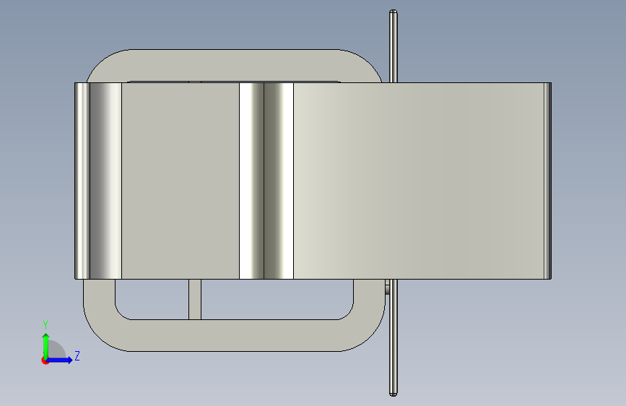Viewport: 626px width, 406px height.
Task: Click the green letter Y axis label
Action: click(45, 325)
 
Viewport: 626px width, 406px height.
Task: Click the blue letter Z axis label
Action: click(77, 355)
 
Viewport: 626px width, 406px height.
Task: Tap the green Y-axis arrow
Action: click(46, 346)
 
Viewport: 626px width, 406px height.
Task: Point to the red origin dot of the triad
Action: click(45, 360)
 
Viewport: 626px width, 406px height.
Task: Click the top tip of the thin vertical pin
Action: click(394, 11)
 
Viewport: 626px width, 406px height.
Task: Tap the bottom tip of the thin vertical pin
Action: click(394, 394)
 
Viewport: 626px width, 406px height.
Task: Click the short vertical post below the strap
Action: click(195, 299)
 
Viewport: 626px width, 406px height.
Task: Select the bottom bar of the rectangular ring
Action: click(235, 335)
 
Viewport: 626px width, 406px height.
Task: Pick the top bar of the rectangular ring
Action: click(235, 65)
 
